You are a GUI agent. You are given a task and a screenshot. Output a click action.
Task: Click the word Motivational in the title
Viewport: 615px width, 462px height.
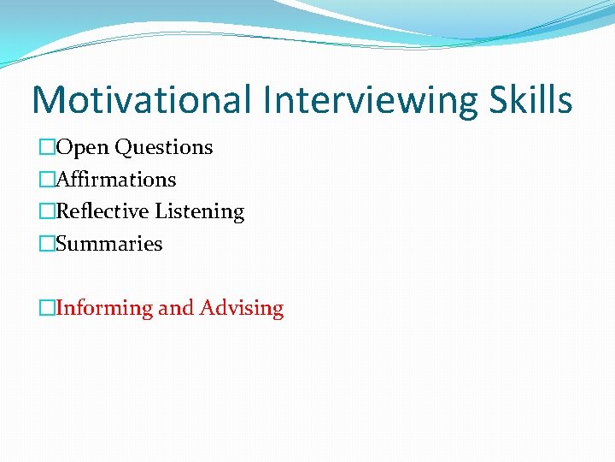142,99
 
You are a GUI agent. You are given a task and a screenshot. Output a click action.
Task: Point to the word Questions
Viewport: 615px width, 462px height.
164,148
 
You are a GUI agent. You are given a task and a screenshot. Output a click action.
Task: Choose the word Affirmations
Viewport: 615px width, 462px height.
116,180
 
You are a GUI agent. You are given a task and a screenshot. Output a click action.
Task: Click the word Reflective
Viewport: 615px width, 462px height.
102,211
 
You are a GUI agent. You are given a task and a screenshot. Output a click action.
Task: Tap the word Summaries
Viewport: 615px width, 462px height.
109,244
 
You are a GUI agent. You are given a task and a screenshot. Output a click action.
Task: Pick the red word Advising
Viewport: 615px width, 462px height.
242,308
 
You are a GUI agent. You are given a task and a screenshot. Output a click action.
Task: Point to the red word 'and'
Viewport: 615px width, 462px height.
177,308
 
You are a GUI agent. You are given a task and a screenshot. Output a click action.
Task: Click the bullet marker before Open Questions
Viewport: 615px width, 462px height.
47,148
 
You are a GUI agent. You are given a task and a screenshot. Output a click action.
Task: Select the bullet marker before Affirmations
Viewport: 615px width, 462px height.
47,180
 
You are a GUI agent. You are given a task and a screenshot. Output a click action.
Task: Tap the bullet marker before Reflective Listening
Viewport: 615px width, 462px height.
47,211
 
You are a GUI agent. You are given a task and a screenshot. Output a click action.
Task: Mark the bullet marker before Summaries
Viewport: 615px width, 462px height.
47,244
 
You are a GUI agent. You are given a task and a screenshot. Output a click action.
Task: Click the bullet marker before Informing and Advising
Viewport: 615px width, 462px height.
47,308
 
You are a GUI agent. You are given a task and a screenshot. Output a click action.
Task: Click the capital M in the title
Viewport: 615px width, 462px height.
48,99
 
